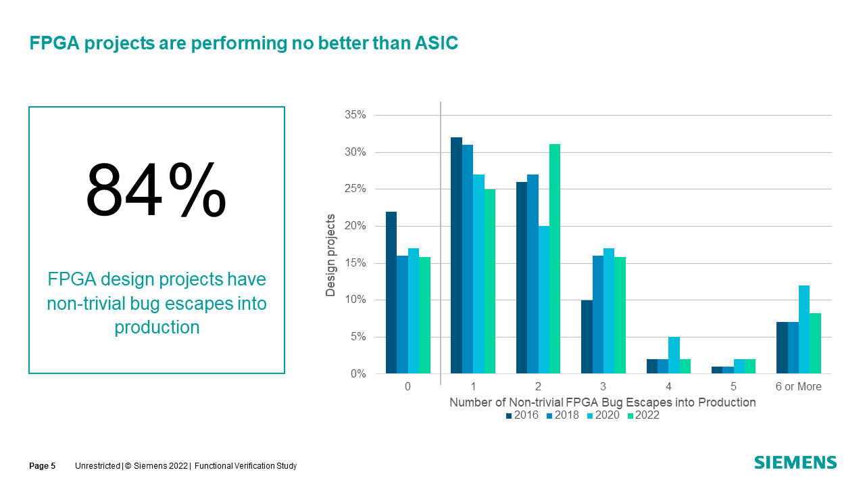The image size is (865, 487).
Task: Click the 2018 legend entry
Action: pyautogui.click(x=563, y=415)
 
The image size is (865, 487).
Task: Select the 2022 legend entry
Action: pyautogui.click(x=643, y=415)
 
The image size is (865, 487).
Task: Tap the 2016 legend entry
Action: pyautogui.click(x=522, y=415)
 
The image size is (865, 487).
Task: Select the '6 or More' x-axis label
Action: pyautogui.click(x=798, y=387)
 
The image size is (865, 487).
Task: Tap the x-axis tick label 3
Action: pyautogui.click(x=603, y=387)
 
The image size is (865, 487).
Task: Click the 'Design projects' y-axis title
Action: pyautogui.click(x=330, y=255)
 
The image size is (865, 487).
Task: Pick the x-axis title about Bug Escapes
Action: pyautogui.click(x=602, y=402)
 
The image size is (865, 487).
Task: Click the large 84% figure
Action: pyautogui.click(x=156, y=190)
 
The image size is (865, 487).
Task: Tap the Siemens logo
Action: pyautogui.click(x=795, y=463)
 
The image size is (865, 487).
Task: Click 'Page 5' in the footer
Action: pyautogui.click(x=42, y=466)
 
